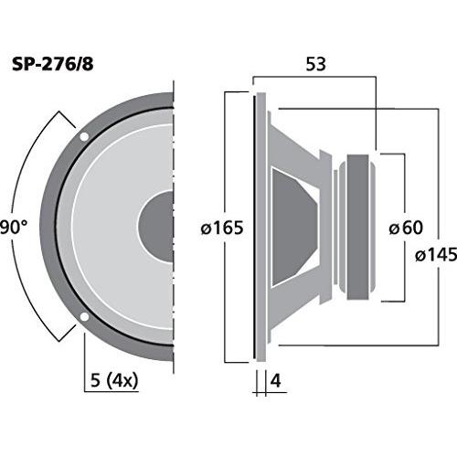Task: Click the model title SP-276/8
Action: coord(52,64)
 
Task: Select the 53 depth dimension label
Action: coord(315,64)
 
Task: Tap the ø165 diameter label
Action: coord(222,228)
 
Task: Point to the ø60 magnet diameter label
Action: coord(406,228)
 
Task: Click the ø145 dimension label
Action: coord(436,255)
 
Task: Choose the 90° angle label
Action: coord(14,228)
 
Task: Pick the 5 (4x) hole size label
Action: coord(114,381)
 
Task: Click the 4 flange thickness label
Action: coord(276,380)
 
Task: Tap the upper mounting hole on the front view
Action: coord(84,137)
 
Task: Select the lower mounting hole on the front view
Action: coord(84,317)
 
